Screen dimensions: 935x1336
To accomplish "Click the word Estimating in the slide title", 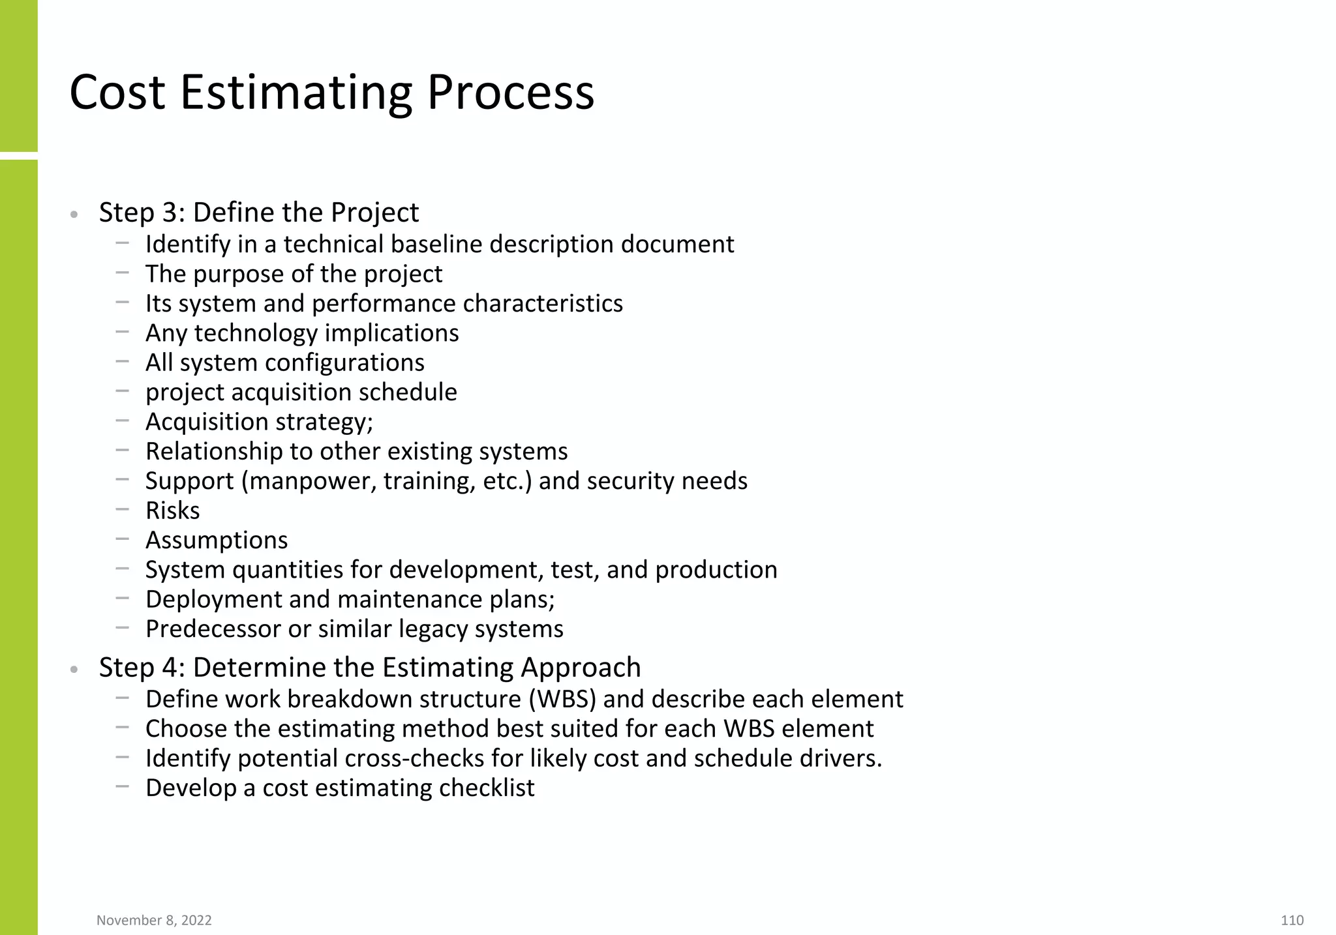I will (296, 93).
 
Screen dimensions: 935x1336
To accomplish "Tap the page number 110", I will (1292, 920).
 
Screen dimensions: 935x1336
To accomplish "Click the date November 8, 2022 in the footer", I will (154, 920).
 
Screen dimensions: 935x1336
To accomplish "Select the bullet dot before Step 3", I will (74, 215).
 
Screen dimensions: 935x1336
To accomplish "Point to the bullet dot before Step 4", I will (74, 670).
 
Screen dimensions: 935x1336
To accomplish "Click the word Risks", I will (172, 511).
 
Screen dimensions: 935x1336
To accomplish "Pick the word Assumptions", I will (217, 541).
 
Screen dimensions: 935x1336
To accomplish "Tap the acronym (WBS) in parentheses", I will (562, 699).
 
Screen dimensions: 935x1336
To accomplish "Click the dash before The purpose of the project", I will (122, 273).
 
